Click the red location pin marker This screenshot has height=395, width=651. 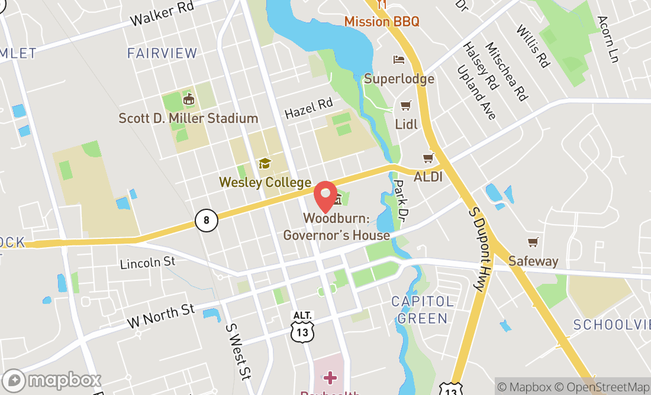[x=325, y=196]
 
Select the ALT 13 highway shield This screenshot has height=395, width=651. [x=302, y=327]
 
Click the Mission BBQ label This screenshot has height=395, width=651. [x=382, y=21]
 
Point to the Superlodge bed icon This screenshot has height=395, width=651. [x=399, y=60]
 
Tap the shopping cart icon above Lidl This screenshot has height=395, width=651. [x=405, y=106]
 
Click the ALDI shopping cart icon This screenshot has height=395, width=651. [x=428, y=158]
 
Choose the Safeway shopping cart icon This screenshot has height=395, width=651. [x=533, y=242]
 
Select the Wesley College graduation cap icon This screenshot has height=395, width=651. [x=264, y=164]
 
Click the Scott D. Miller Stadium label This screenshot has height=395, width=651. [x=188, y=118]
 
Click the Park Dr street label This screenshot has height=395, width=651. [x=402, y=198]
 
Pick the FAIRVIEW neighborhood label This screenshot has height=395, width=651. [x=162, y=53]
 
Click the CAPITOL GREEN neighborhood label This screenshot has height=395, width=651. [x=423, y=310]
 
